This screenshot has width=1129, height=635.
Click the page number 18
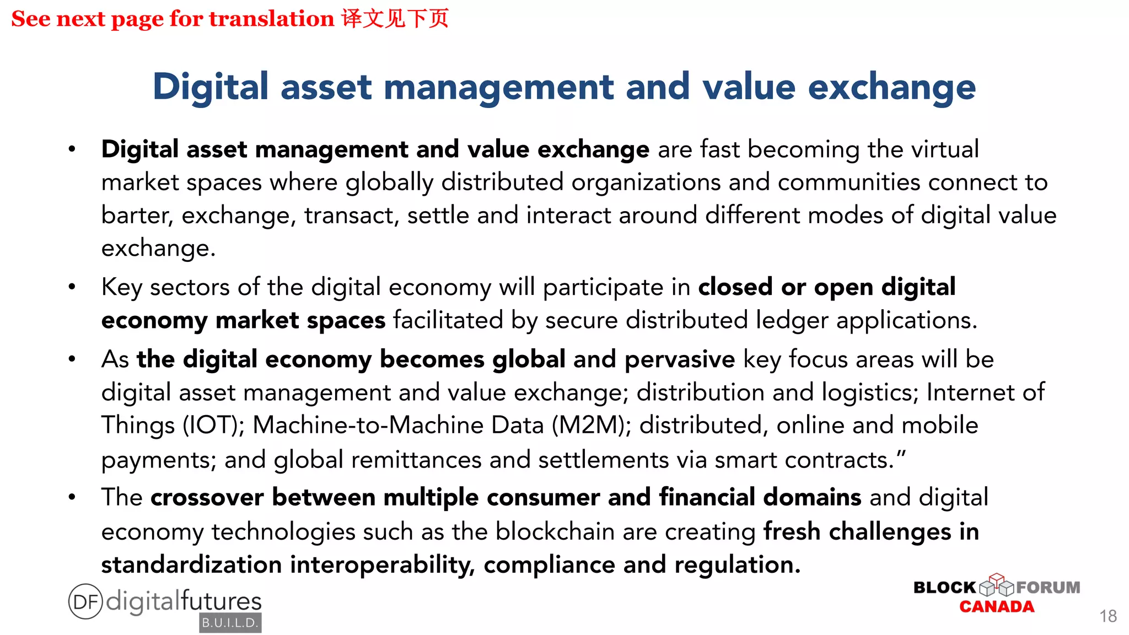coord(1108,616)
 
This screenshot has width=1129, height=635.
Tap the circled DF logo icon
coord(85,601)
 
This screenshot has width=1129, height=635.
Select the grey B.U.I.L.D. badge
coord(230,623)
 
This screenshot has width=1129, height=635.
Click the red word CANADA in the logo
coord(997,607)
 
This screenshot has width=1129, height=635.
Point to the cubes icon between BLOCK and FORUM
coord(996,585)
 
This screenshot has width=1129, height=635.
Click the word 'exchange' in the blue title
coord(891,87)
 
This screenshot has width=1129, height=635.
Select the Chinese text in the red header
coord(395,19)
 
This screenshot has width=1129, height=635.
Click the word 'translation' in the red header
coord(271,19)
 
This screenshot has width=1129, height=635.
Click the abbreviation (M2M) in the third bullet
coord(591,426)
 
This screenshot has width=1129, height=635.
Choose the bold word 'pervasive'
coord(680,359)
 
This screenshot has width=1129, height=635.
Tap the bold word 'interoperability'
coord(382,565)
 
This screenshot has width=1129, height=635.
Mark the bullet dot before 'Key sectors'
coord(72,287)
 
